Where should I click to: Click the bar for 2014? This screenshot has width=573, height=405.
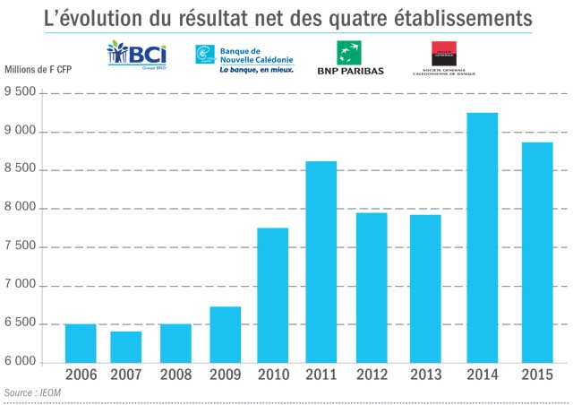(483, 237)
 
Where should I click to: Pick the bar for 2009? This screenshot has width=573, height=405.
(225, 334)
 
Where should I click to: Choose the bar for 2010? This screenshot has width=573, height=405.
(272, 295)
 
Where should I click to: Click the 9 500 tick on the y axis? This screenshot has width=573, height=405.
(23, 92)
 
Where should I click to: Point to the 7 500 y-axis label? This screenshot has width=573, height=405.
(23, 247)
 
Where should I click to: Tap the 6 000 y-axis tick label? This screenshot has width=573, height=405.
(23, 362)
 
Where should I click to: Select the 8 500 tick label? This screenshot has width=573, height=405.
(23, 170)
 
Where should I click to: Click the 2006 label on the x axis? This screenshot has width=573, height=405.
(80, 375)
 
